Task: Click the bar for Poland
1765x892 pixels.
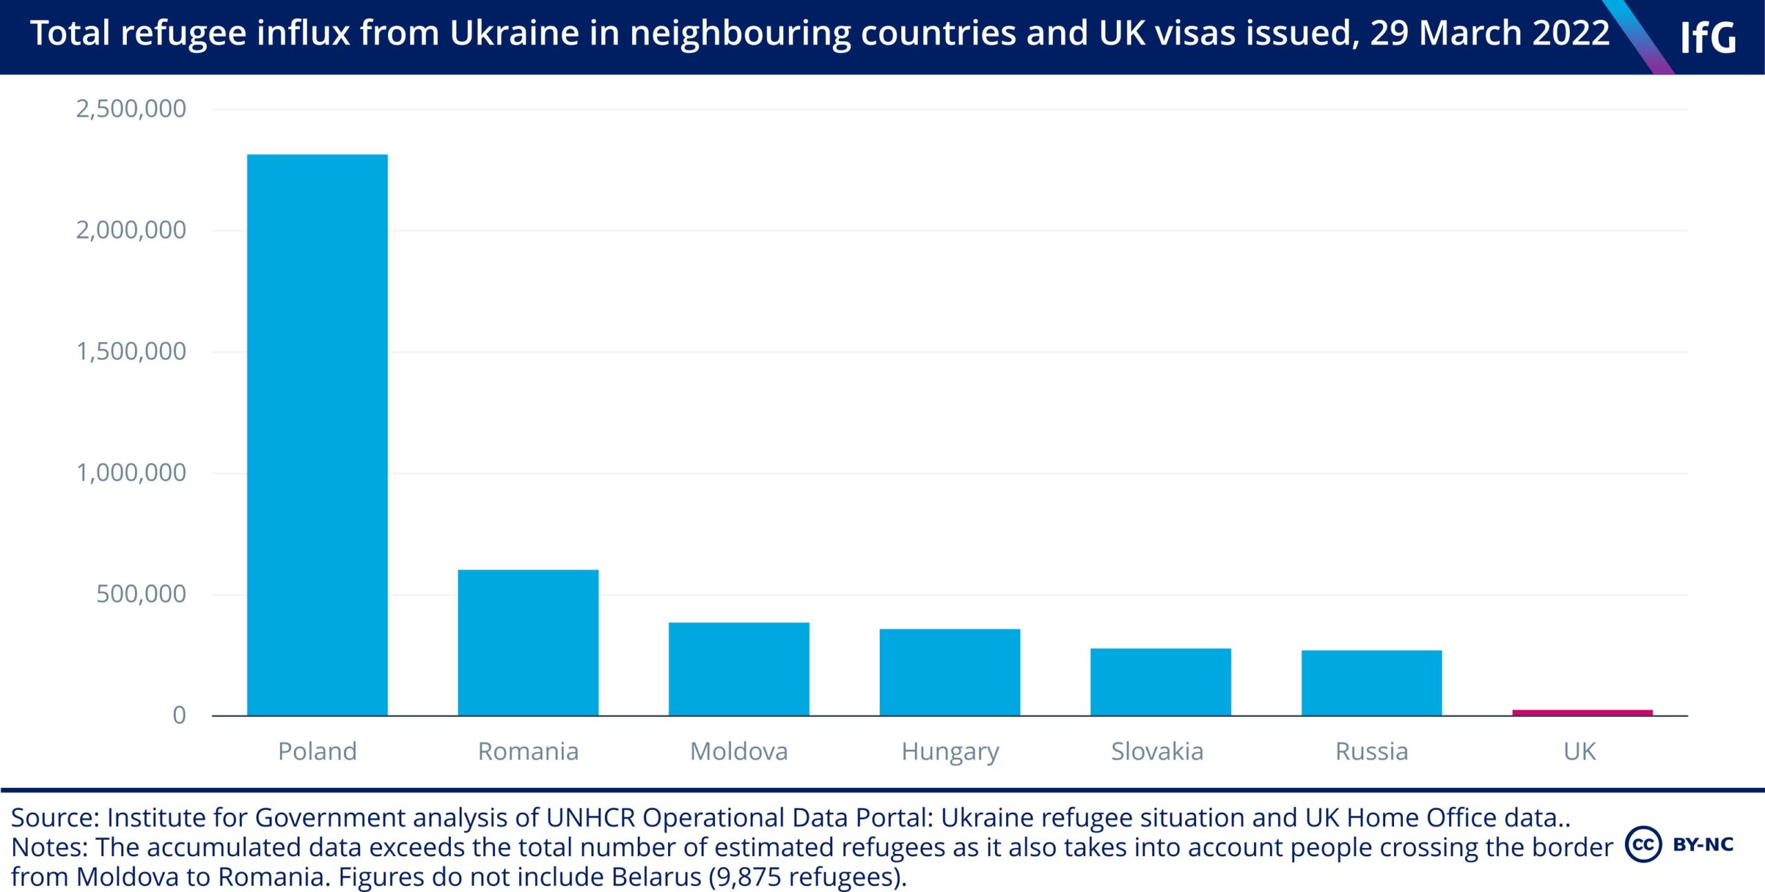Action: pos(317,435)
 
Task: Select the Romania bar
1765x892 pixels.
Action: pos(528,642)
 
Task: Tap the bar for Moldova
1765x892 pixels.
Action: pos(739,669)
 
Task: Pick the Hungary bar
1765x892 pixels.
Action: pos(950,672)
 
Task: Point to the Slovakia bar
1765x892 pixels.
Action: pos(1161,682)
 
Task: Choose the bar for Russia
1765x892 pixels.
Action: pos(1372,682)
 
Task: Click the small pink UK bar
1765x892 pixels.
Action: pos(1583,712)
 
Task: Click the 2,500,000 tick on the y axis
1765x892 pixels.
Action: pos(131,109)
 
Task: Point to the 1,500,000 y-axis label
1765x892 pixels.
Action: pos(131,352)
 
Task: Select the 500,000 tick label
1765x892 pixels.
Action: pos(141,594)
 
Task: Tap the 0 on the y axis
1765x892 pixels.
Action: pos(179,716)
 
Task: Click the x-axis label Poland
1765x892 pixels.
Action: pos(317,751)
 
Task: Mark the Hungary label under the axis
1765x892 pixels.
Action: pos(950,752)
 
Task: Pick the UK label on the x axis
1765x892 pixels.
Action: pos(1580,751)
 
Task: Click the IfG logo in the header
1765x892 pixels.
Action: pos(1708,37)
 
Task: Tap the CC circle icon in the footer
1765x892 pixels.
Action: pos(1644,844)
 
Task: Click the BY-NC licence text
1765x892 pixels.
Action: pos(1703,844)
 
